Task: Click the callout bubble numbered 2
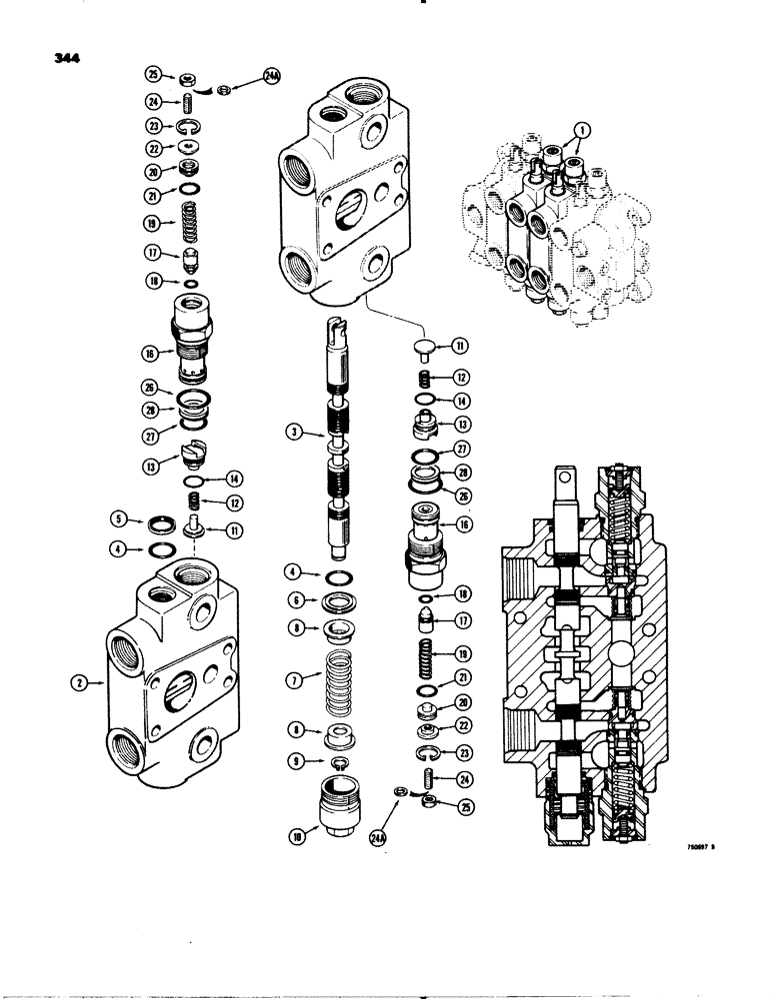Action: point(81,684)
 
